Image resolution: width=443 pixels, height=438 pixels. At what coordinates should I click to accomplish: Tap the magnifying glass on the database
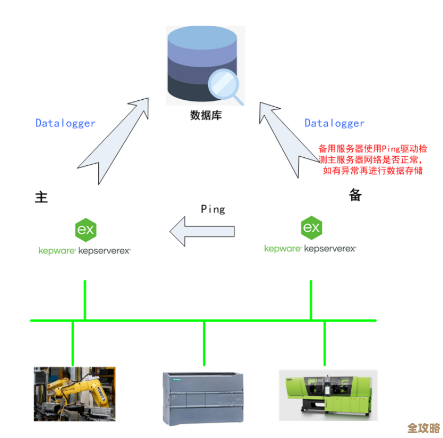click(225, 85)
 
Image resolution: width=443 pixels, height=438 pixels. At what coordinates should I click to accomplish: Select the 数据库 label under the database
click(205, 115)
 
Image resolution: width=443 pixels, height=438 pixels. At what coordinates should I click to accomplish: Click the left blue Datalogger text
click(65, 123)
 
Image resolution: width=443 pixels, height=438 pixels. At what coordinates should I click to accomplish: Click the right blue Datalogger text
click(334, 123)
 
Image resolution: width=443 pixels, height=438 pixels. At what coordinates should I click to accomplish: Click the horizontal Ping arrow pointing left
click(202, 231)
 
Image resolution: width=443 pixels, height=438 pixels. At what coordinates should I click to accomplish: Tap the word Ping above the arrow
click(212, 209)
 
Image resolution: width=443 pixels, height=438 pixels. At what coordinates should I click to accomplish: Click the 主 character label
click(42, 197)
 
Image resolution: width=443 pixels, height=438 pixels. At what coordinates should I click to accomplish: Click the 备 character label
click(355, 195)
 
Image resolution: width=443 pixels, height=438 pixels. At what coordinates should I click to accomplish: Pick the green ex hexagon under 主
click(85, 229)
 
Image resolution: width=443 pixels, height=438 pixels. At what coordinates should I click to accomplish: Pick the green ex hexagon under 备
click(311, 228)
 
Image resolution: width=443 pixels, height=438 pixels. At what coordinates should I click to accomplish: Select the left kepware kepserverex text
click(84, 250)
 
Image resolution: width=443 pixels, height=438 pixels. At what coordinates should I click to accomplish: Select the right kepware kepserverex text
click(310, 248)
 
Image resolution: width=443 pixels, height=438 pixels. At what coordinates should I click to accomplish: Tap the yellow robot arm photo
click(74, 393)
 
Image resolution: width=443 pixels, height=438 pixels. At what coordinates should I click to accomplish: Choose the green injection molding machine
click(328, 394)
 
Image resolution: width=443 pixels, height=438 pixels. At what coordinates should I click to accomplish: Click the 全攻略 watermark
click(423, 428)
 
